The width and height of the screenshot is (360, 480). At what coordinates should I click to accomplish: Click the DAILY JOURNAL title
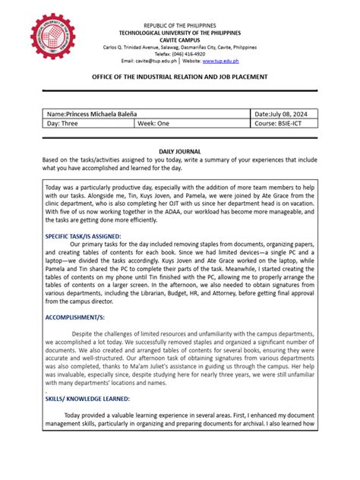pos(179,152)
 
